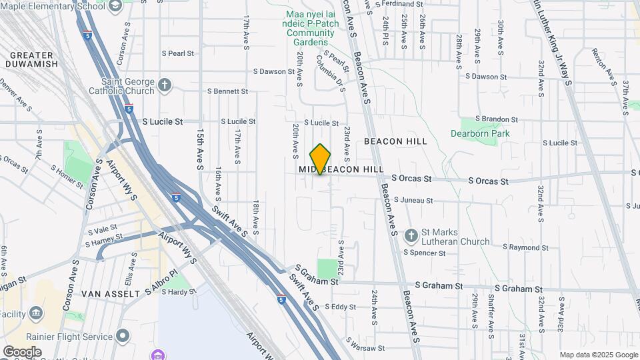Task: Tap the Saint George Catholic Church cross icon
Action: point(165,85)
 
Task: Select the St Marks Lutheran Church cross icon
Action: point(411,236)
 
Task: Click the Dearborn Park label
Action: point(487,133)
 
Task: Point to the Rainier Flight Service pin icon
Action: point(123,335)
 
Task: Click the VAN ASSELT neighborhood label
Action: point(109,293)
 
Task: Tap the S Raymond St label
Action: point(525,247)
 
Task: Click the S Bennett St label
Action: point(227,91)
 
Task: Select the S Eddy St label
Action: point(340,307)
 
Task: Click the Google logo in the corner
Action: point(22,352)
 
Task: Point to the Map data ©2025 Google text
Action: point(599,355)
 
